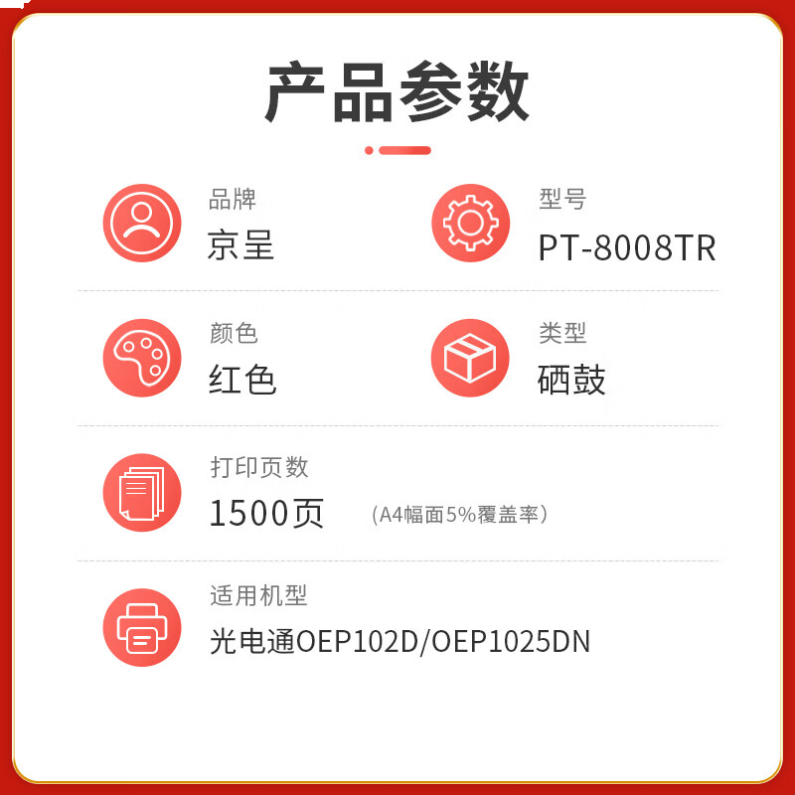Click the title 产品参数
pyautogui.click(x=397, y=91)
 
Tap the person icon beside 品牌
pyautogui.click(x=142, y=223)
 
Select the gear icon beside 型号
pyautogui.click(x=470, y=223)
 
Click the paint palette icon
pyautogui.click(x=142, y=358)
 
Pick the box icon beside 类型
pyautogui.click(x=470, y=358)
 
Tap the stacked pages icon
pyautogui.click(x=142, y=493)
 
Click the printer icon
pyautogui.click(x=142, y=628)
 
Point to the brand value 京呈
pyautogui.click(x=240, y=245)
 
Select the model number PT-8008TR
pyautogui.click(x=627, y=247)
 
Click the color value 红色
pyautogui.click(x=242, y=380)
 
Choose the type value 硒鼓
pyautogui.click(x=571, y=380)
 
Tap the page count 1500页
pyautogui.click(x=266, y=513)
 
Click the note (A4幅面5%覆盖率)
pyautogui.click(x=459, y=515)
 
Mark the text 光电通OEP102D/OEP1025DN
pyautogui.click(x=399, y=642)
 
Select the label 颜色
pyautogui.click(x=234, y=333)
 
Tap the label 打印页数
pyautogui.click(x=258, y=467)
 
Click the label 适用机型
pyautogui.click(x=258, y=596)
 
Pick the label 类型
pyautogui.click(x=562, y=333)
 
